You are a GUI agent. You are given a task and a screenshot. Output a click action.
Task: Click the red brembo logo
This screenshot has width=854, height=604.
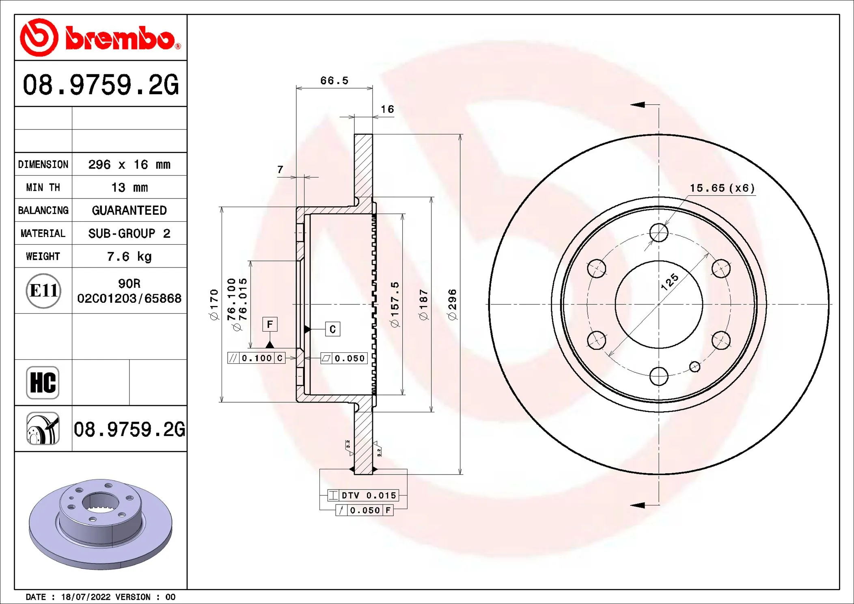tap(100, 37)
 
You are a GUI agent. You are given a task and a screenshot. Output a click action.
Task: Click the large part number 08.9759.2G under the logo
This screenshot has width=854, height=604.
tap(100, 85)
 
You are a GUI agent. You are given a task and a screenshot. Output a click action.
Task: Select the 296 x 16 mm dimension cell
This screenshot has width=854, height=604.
tap(129, 164)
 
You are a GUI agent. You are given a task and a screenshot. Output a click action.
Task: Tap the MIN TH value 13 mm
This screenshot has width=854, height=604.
tap(129, 188)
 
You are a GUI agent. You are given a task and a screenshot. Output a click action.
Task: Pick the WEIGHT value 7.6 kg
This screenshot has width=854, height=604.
tap(129, 257)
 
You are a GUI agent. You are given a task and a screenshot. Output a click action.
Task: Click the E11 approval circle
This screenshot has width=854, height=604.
tap(43, 291)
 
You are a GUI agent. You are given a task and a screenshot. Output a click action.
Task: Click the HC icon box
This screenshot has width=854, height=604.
tap(43, 383)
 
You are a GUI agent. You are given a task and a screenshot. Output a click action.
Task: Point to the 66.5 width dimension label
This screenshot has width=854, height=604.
tap(334, 80)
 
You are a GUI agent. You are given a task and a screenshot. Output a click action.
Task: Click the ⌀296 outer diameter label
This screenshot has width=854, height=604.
tap(452, 304)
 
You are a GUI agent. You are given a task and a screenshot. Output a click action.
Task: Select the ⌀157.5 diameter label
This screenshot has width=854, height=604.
tap(395, 304)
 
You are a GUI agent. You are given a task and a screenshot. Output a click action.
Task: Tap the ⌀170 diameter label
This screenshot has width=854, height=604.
tap(214, 304)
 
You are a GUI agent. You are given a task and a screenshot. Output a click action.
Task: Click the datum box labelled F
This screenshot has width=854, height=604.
tap(270, 324)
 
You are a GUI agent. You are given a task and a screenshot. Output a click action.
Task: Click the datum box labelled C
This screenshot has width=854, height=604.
tap(332, 329)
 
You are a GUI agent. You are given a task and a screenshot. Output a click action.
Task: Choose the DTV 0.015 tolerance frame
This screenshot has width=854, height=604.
tap(363, 495)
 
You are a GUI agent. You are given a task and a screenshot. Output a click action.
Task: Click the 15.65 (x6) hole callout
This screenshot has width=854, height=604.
tap(722, 188)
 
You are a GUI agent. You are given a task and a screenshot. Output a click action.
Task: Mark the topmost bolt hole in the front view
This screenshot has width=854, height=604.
tap(659, 233)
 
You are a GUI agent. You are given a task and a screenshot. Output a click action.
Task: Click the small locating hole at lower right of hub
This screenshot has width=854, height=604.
tap(694, 367)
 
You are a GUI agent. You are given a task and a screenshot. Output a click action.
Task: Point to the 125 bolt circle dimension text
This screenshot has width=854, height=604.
tap(669, 282)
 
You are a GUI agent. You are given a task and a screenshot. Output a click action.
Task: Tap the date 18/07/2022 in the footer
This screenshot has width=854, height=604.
tap(86, 597)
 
